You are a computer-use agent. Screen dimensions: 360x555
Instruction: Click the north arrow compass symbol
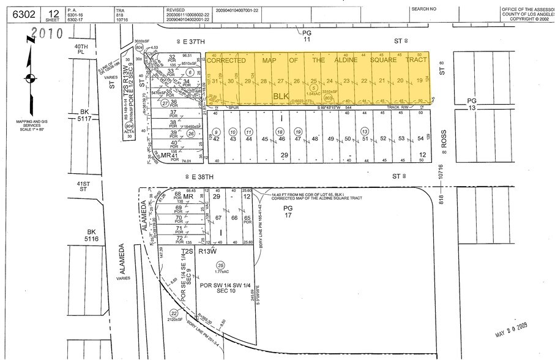tap(29, 78)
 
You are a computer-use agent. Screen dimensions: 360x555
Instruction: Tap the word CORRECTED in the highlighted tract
tap(226, 61)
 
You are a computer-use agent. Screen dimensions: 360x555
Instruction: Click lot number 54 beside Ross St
tap(420, 139)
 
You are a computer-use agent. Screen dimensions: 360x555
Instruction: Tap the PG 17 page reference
tap(286, 212)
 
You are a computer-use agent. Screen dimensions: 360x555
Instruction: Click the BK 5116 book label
tap(92, 236)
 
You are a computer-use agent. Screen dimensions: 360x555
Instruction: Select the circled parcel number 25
tap(219, 264)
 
